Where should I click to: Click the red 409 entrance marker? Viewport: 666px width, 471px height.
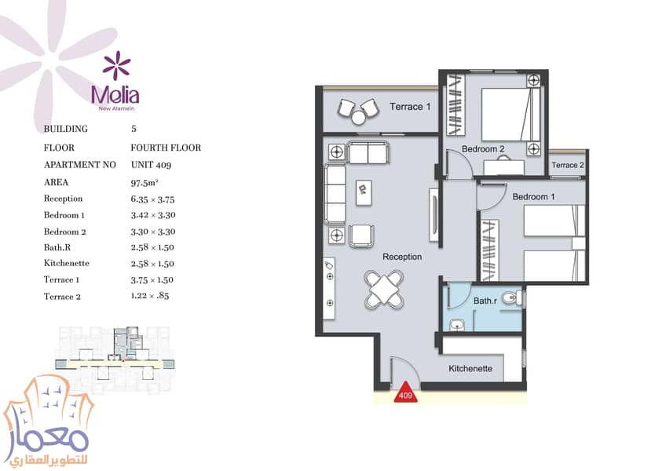tap(405, 393)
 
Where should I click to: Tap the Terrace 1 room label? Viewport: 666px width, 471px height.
tap(410, 107)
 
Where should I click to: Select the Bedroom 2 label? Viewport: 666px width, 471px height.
tap(483, 149)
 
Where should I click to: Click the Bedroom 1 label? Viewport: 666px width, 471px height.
tap(533, 196)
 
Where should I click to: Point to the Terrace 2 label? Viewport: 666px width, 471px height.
tap(568, 165)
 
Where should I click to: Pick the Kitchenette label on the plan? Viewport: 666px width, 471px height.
tap(470, 369)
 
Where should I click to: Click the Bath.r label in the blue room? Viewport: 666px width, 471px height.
tap(485, 301)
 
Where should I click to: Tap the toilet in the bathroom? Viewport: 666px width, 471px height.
tap(511, 298)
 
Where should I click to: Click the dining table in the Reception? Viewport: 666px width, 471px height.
tap(384, 289)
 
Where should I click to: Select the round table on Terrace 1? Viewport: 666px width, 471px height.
tap(359, 117)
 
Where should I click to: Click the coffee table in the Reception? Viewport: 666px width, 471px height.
tap(364, 193)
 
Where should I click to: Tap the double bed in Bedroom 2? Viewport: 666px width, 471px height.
tap(510, 114)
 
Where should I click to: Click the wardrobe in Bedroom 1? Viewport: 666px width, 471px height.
tap(489, 250)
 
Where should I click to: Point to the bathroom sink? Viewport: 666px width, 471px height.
tap(457, 325)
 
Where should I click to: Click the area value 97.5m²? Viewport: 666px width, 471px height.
tap(145, 183)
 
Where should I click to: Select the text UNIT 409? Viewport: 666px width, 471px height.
tap(151, 165)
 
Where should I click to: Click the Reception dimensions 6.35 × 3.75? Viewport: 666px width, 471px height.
tap(153, 199)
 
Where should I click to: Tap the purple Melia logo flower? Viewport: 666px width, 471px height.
tap(116, 65)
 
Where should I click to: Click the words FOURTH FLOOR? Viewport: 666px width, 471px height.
tap(166, 148)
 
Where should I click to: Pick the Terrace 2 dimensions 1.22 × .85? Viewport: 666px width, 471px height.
tap(150, 296)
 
